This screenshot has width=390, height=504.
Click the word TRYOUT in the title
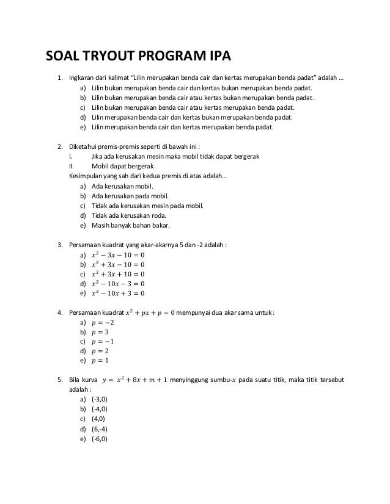pos(115,59)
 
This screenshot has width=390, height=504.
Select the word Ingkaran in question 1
pos(83,78)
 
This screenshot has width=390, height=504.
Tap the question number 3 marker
pos(59,245)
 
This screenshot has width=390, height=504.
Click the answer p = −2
pos(103,323)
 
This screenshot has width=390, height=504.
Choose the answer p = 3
pos(100,333)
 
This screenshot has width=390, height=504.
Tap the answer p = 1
pos(100,362)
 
